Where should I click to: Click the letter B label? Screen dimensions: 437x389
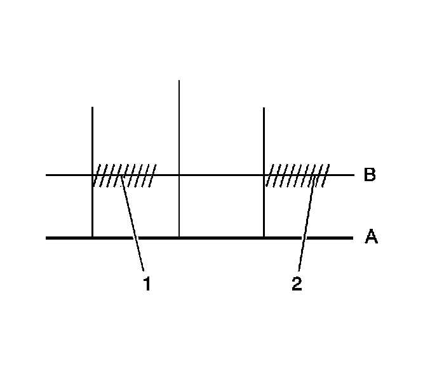(370, 175)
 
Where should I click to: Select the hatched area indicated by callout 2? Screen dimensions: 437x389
(297, 175)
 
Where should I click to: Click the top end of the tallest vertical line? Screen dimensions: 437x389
(179, 81)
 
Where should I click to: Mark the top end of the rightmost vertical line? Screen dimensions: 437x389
(264, 108)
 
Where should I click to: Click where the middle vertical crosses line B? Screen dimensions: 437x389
(179, 175)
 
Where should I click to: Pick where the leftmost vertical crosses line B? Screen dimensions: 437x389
(93, 175)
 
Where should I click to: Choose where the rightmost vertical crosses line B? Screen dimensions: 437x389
(264, 175)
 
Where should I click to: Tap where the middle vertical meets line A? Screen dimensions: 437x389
(179, 238)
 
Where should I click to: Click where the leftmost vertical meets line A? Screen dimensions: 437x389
(93, 238)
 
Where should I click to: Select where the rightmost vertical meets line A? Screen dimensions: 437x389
(264, 238)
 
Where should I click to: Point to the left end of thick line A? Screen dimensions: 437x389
(46, 238)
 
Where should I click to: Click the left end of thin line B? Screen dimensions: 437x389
(46, 175)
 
